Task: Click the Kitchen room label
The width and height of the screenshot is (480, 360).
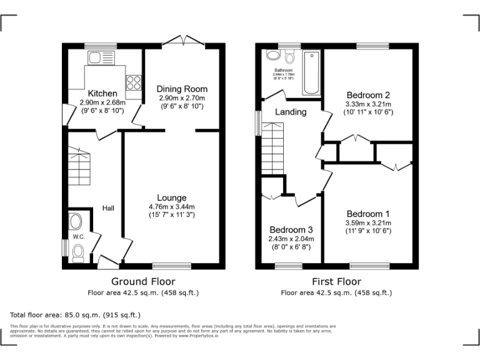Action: point(102,94)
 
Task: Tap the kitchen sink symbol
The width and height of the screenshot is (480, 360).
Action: point(99,58)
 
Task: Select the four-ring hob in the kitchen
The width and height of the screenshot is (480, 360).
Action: point(133,82)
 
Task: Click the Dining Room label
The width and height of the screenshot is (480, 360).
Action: point(182,89)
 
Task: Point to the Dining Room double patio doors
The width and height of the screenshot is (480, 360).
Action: point(183,41)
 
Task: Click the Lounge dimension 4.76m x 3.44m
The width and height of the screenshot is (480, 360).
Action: point(172,207)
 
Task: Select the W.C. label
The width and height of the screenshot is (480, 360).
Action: point(78,237)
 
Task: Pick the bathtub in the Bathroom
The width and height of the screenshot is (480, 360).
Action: point(311,73)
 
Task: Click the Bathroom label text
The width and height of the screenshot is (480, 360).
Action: point(283,70)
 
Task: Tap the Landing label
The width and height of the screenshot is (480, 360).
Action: point(291,112)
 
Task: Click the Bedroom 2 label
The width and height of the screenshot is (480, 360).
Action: point(369,95)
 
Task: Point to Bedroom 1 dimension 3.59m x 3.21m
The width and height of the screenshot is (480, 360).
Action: point(369,222)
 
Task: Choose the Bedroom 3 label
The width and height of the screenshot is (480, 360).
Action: point(291,229)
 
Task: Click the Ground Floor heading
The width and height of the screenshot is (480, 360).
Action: point(143,282)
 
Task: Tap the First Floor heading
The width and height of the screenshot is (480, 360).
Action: point(337,282)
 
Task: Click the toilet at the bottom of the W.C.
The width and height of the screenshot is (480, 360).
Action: point(78,252)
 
